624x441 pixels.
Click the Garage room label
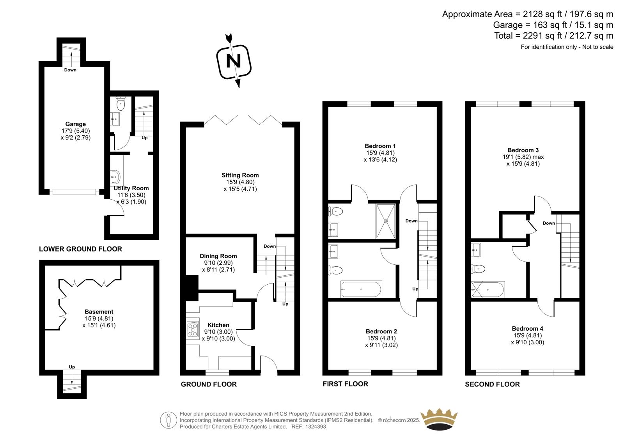(76, 124)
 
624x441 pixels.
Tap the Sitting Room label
(240, 175)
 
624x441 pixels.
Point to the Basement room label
(99, 312)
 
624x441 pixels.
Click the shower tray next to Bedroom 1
(386, 221)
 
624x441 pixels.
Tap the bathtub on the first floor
(361, 289)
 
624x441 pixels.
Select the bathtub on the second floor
(487, 290)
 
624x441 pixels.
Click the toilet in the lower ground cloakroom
(121, 104)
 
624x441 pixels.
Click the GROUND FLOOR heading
(209, 384)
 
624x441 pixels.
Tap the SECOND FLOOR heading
(492, 384)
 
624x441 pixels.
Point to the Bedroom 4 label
(527, 329)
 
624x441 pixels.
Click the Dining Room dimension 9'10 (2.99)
(218, 263)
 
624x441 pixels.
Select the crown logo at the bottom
(439, 419)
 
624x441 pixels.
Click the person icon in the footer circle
(168, 420)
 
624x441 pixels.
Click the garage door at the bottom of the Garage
(74, 192)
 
